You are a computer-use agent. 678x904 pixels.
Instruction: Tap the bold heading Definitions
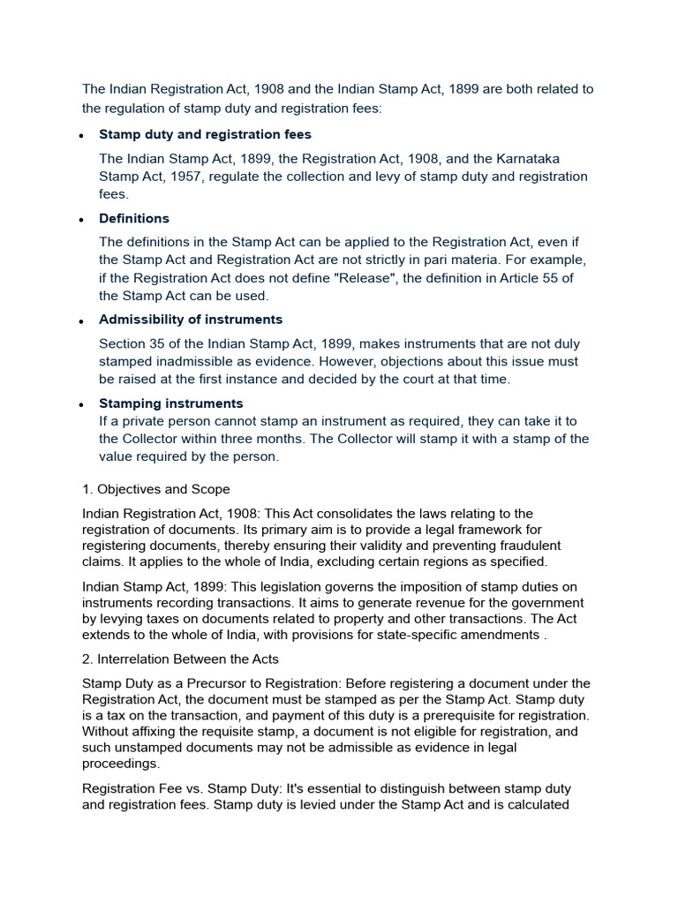(134, 218)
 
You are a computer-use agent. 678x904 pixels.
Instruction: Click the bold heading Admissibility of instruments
(191, 319)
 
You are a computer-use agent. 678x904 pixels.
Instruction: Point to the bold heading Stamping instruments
(170, 403)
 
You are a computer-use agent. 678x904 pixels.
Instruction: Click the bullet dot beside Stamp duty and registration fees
(81, 136)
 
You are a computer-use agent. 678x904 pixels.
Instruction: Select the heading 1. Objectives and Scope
(156, 488)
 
